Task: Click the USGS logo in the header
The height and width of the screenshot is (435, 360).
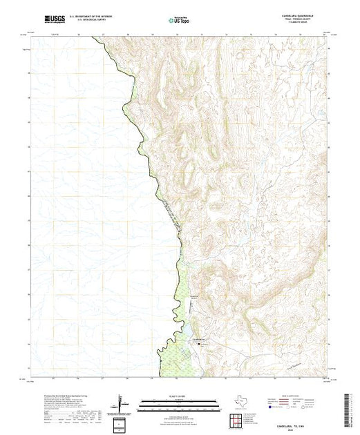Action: click(x=55, y=19)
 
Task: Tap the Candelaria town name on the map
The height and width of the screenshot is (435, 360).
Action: click(x=199, y=340)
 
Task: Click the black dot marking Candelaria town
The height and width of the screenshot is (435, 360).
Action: click(x=201, y=343)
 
